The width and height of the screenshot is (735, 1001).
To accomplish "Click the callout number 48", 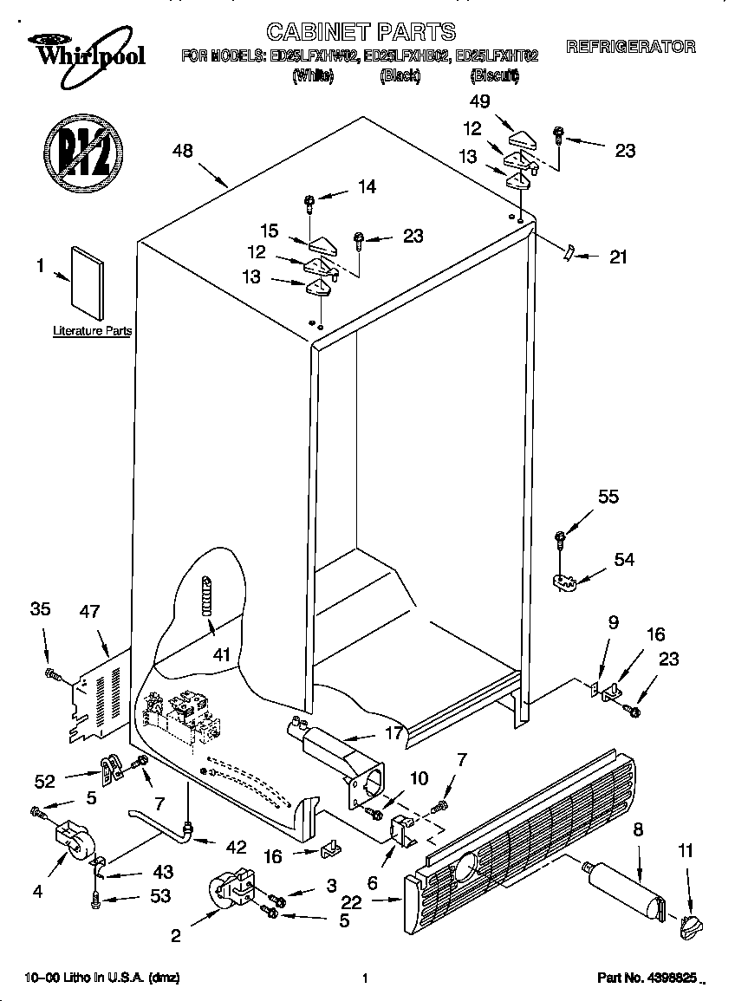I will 182,151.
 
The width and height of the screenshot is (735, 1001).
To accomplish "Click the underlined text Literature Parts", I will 92,331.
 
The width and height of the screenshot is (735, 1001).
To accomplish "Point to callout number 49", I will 479,101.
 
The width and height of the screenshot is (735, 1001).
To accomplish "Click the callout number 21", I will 618,257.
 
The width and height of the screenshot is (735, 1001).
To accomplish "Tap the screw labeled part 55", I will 561,539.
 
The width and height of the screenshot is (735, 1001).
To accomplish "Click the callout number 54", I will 624,560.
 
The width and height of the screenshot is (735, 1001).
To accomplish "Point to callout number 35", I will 40,609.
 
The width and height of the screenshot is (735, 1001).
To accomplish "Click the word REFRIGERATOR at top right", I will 630,47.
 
